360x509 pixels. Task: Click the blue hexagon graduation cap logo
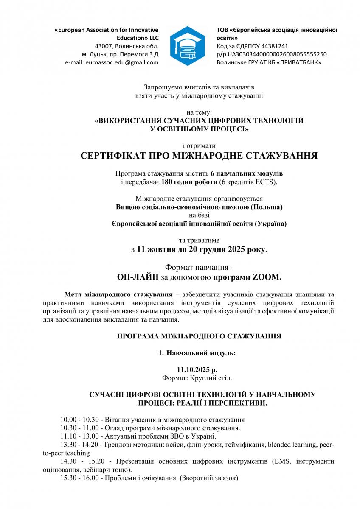pyautogui.click(x=187, y=45)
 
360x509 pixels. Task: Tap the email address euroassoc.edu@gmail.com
pyautogui.click(x=122, y=62)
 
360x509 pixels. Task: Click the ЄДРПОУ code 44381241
pyautogui.click(x=273, y=46)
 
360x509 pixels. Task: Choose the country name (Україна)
pyautogui.click(x=270, y=224)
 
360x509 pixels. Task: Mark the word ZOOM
pyautogui.click(x=266, y=278)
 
